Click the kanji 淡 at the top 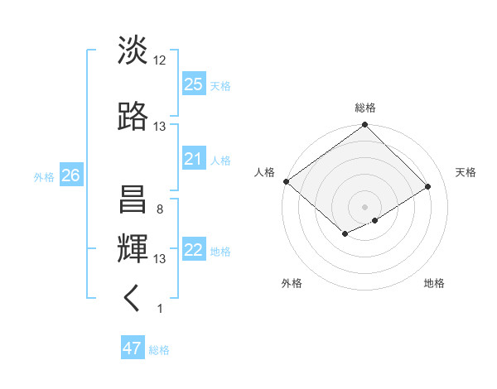(x=133, y=51)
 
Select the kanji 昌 (x=133, y=200)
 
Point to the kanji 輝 (x=133, y=248)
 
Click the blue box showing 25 (x=194, y=84)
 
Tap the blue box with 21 (x=194, y=159)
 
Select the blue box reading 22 (x=194, y=251)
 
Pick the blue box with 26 (x=70, y=175)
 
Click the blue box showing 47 (x=133, y=348)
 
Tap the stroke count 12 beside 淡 (x=160, y=60)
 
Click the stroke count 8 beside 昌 (x=159, y=209)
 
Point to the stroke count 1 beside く (x=159, y=309)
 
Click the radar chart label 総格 (x=365, y=108)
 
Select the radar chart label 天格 (x=466, y=172)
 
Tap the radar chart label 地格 (x=434, y=283)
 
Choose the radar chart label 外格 (x=292, y=283)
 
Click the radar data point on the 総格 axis (x=365, y=125)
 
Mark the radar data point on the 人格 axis (x=286, y=181)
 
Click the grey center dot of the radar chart (x=364, y=205)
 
